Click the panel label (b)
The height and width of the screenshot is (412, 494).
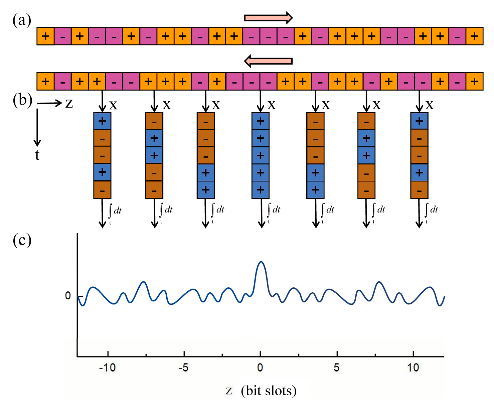tap(22, 100)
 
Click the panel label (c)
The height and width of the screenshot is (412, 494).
tap(22, 240)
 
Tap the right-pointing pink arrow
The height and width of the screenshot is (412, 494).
tap(269, 18)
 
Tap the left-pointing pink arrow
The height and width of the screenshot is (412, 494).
tap(269, 61)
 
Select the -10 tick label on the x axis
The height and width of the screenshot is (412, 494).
tap(108, 368)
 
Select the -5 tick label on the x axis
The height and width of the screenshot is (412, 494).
tap(183, 368)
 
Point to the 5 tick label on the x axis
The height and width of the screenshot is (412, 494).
tap(336, 368)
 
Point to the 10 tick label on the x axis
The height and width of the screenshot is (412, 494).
tap(413, 368)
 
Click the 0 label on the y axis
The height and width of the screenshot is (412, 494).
tap(68, 296)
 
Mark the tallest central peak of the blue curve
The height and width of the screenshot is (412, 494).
tap(261, 262)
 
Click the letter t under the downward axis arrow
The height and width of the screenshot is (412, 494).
tap(37, 155)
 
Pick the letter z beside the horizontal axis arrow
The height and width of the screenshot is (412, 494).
tap(69, 104)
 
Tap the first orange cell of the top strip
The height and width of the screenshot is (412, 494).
tap(45, 36)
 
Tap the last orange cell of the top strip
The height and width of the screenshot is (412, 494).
tap(474, 36)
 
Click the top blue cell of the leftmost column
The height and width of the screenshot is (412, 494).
tap(102, 121)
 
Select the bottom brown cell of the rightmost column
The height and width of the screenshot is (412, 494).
tap(419, 190)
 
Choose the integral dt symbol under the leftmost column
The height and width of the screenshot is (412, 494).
tap(115, 211)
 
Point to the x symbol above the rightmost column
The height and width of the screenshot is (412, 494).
tap(430, 105)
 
